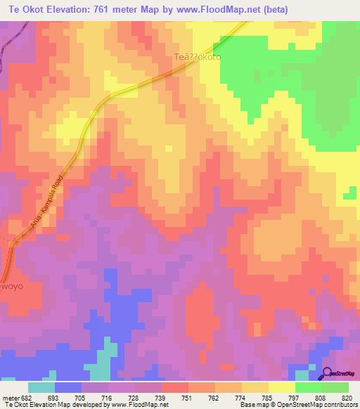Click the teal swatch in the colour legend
coord(41,387)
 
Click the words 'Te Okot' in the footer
coord(16,405)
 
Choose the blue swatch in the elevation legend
coord(68,387)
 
